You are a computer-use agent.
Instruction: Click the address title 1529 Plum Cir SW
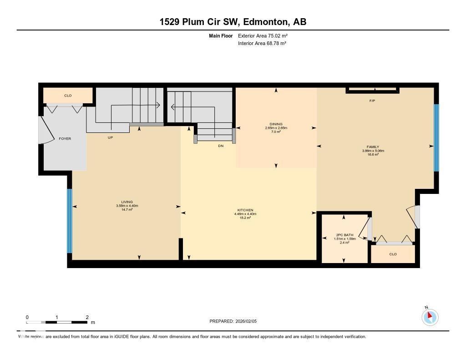(x=233, y=22)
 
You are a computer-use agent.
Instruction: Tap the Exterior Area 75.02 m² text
(x=263, y=35)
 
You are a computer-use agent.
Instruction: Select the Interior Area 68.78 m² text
(x=262, y=43)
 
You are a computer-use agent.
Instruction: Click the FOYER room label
(x=65, y=138)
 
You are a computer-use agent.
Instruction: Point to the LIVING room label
(x=127, y=202)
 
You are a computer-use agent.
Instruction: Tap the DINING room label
(x=276, y=124)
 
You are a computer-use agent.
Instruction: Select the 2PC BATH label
(x=344, y=235)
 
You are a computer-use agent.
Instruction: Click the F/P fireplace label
(x=372, y=101)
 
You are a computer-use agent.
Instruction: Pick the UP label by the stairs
(x=110, y=137)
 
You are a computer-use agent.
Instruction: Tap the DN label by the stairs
(x=221, y=146)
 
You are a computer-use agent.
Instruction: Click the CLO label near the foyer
(x=68, y=96)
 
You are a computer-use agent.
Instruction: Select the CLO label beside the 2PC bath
(x=393, y=254)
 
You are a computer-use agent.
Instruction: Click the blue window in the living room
(x=70, y=221)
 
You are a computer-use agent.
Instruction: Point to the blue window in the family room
(x=436, y=137)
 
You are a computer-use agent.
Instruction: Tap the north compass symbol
(x=430, y=317)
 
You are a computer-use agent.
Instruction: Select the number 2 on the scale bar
(x=86, y=317)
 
